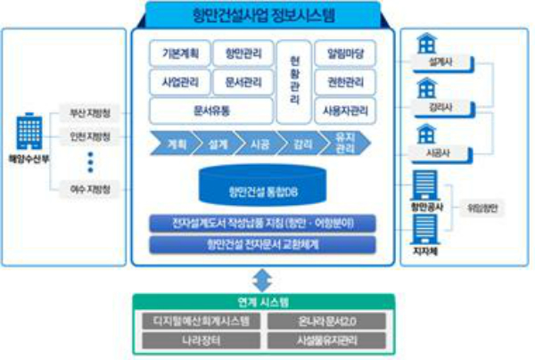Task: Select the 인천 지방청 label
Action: pyautogui.click(x=90, y=136)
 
